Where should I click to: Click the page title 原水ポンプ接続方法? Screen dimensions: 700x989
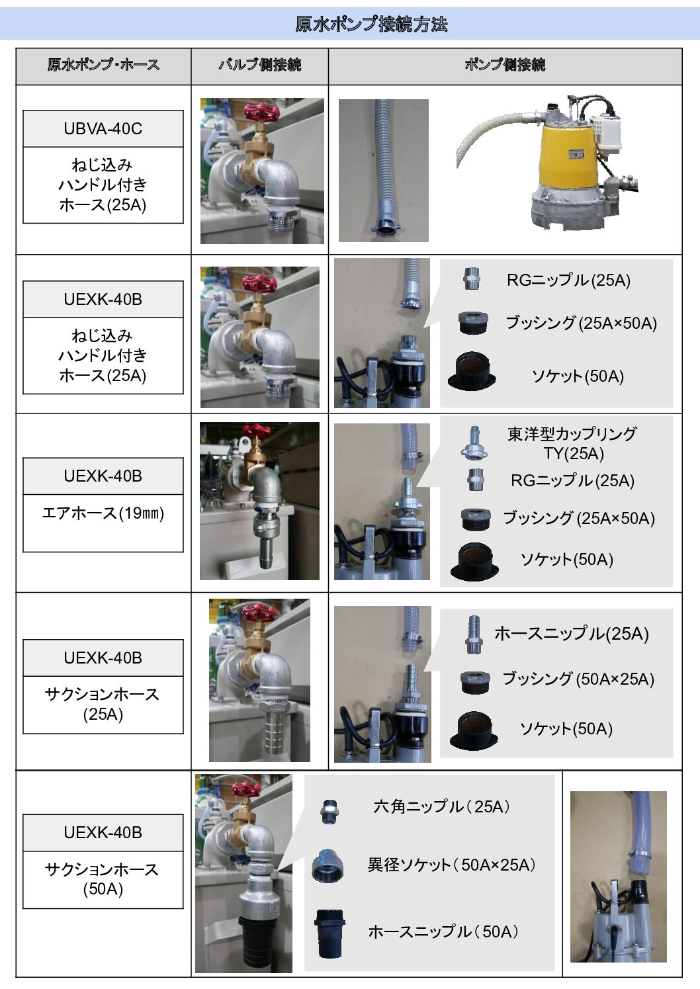click(371, 24)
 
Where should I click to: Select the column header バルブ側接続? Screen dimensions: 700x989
click(259, 65)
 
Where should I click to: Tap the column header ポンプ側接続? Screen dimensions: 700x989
click(505, 65)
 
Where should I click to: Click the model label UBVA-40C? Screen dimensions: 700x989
click(103, 128)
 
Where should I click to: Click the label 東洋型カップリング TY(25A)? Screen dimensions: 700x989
click(572, 444)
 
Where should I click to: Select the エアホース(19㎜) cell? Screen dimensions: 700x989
click(103, 513)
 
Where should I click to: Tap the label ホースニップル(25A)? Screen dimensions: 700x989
click(572, 634)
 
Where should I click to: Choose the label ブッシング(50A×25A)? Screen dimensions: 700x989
click(578, 679)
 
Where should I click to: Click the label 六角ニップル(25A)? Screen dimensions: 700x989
click(441, 806)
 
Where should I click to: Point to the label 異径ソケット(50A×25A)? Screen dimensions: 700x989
click(451, 865)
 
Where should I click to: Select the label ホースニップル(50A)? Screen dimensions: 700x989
click(443, 931)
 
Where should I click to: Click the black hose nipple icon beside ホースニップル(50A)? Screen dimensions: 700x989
click(329, 933)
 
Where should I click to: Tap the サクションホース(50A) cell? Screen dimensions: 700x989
click(103, 879)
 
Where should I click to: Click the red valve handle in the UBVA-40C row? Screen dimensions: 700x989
click(261, 112)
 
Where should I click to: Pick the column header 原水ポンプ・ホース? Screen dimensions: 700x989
click(103, 65)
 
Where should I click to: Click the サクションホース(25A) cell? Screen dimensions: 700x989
click(103, 705)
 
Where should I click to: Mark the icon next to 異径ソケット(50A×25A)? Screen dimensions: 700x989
click(328, 865)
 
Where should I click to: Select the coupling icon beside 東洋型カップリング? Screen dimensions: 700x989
click(474, 443)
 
